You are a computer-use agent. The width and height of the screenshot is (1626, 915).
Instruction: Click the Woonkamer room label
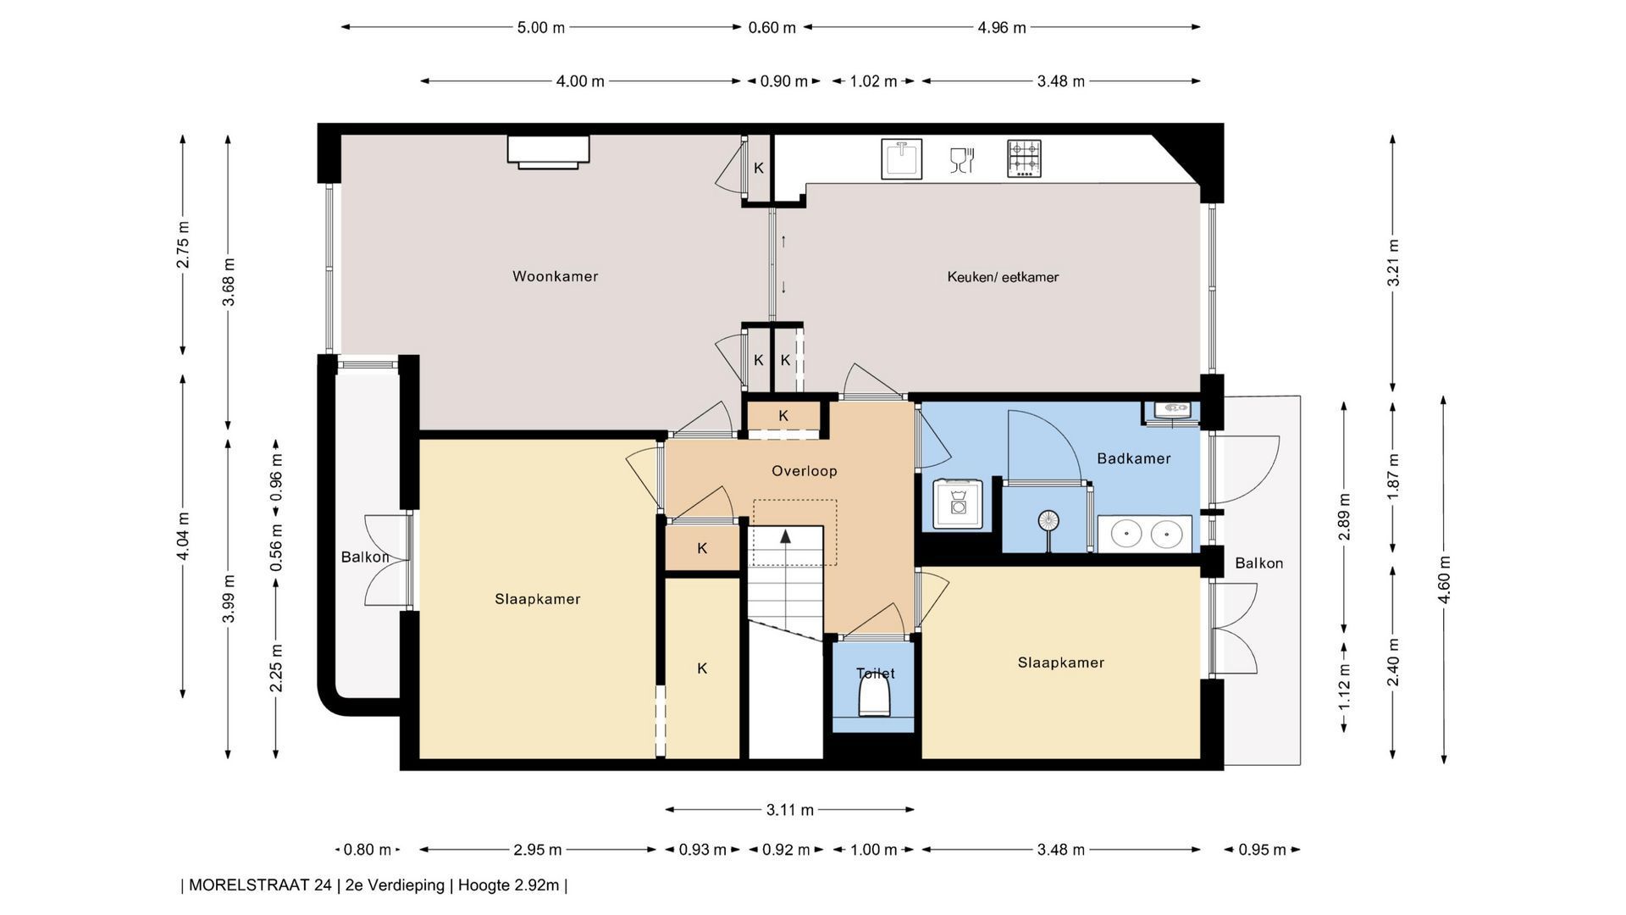coord(555,276)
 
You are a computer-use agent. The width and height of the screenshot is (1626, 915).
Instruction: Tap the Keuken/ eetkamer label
coord(1003,277)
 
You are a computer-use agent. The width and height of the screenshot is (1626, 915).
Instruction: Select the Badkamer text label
coord(1133,458)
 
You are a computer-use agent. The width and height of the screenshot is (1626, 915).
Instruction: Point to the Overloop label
coord(804,471)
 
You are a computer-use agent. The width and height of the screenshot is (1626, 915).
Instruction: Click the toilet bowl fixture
coord(875,700)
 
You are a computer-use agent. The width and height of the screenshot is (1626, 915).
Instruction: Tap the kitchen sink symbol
coord(901,158)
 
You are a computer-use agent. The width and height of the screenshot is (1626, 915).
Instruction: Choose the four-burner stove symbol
coord(1024,158)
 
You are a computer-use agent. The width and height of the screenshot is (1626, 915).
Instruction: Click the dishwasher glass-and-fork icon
coord(962,159)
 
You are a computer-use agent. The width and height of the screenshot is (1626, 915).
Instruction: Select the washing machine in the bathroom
coord(958,504)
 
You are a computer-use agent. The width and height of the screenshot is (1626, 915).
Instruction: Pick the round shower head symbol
coord(1048,520)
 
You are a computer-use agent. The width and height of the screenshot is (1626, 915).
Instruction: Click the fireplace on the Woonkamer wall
coord(548,152)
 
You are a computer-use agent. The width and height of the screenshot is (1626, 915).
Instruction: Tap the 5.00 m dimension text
coord(541,27)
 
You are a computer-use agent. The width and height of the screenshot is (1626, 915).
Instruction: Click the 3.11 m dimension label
coord(790,810)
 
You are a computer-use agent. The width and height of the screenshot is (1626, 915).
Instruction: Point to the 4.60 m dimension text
coord(1444,579)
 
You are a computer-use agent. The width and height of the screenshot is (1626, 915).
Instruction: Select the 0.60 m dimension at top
coord(772,27)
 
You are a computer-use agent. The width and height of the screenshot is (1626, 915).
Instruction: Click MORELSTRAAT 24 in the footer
coord(260,885)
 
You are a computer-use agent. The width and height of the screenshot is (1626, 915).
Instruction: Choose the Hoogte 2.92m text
coord(509,885)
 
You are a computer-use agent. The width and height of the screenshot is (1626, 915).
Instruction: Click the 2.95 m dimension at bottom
coord(538,850)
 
